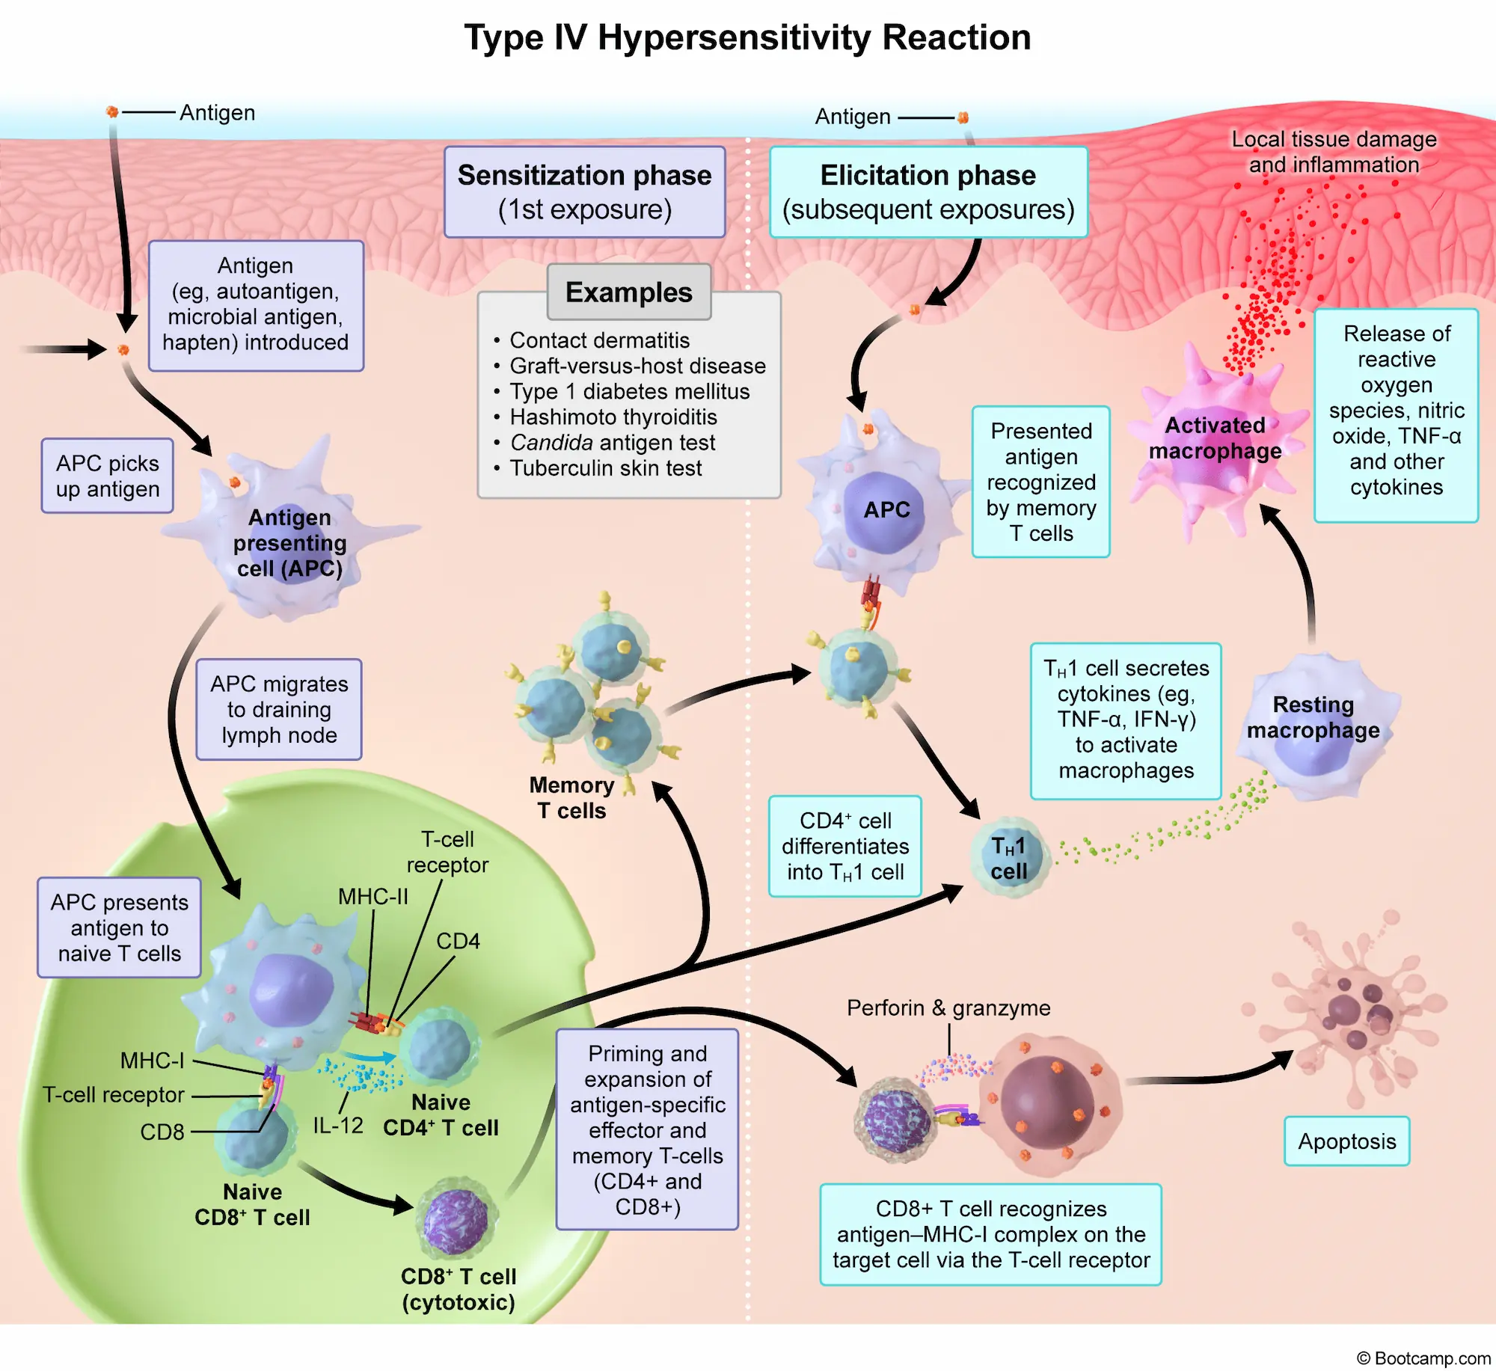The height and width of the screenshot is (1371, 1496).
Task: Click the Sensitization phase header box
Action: coord(584,192)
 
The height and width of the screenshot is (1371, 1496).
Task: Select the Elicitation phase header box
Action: coord(928,192)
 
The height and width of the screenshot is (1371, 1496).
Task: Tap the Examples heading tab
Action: coord(628,292)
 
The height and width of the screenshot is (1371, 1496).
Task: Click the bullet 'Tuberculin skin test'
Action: coord(605,468)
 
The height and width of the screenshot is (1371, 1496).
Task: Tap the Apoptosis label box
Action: coord(1346,1141)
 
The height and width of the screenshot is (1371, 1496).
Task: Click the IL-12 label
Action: coord(337,1126)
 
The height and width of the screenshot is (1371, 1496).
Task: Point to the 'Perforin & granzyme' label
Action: coord(948,1008)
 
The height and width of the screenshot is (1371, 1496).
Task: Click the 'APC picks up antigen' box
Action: coord(108,476)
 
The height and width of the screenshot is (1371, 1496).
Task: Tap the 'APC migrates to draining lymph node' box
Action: coord(279,709)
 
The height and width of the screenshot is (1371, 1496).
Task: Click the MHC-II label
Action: coord(373,897)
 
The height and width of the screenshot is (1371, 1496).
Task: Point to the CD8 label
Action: coord(162,1132)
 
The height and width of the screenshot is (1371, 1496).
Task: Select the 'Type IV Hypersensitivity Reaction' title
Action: coord(747,37)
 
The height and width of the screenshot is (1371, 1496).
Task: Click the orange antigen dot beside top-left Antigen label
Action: coord(112,111)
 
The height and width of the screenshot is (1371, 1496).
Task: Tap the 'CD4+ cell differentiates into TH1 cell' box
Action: coord(845,846)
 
